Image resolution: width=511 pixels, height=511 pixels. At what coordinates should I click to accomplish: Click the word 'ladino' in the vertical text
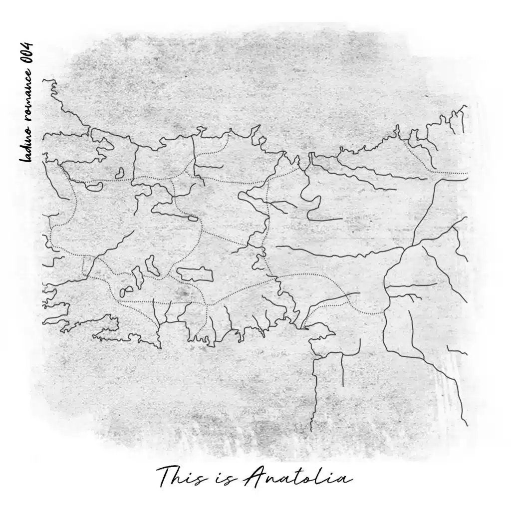(x=25, y=144)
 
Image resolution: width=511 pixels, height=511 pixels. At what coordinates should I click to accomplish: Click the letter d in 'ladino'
(x=24, y=148)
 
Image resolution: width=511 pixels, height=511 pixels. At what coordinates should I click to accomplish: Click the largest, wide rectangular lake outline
(x=195, y=274)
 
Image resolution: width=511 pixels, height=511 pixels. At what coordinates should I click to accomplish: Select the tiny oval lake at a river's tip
(x=192, y=218)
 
